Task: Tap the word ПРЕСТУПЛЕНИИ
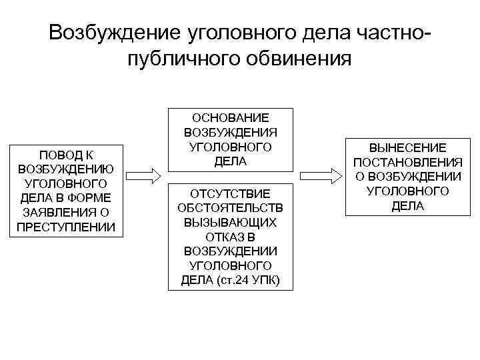pos(66,227)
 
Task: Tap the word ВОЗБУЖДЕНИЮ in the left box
pos(66,169)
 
